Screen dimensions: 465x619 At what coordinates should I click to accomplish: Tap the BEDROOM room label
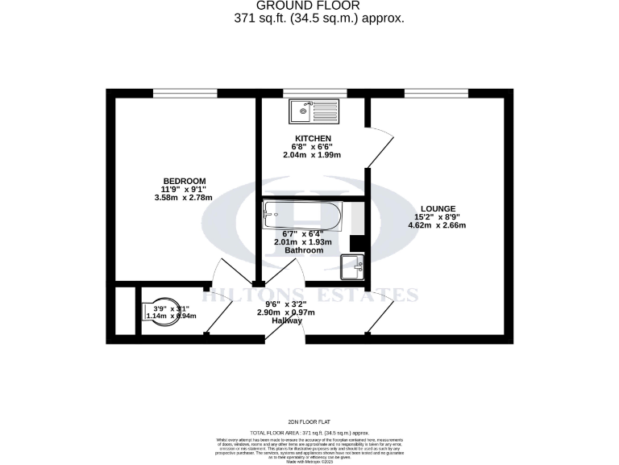point(185,181)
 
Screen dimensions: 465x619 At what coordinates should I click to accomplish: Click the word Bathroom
point(304,250)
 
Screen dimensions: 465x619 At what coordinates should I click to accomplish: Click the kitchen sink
point(316,109)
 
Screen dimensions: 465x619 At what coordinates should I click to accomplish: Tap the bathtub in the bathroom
point(303,215)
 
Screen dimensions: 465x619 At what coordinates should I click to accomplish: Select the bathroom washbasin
point(352,265)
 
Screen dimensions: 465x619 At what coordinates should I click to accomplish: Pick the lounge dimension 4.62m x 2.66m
point(438,225)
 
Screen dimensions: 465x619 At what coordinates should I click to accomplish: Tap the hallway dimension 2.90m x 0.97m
point(285,312)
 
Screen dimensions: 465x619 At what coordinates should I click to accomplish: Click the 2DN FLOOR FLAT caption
point(309,422)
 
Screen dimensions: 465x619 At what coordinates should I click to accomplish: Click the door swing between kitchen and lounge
point(380,145)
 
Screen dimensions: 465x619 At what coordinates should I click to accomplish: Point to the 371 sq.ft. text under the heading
point(330,18)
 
